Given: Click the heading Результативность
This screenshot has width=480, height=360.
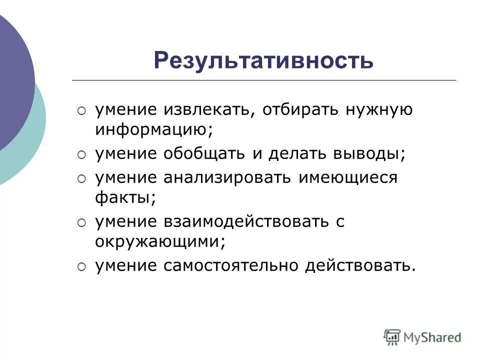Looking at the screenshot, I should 263,61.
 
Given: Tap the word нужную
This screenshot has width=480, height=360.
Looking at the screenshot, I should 378,109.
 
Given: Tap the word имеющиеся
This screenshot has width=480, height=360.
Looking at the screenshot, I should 348,177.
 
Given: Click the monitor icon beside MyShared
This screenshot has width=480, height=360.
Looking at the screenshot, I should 392,336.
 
